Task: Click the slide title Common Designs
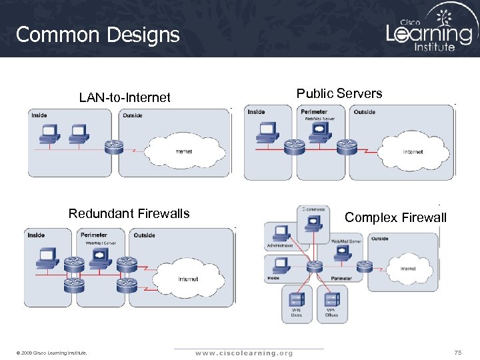point(97,35)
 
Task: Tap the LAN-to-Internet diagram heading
point(125,98)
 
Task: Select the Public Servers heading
point(339,93)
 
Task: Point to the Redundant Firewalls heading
point(129,213)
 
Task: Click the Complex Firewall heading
point(395,217)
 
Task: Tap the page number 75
point(457,352)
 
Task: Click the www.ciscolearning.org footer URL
point(243,353)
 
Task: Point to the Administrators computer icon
point(281,233)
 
